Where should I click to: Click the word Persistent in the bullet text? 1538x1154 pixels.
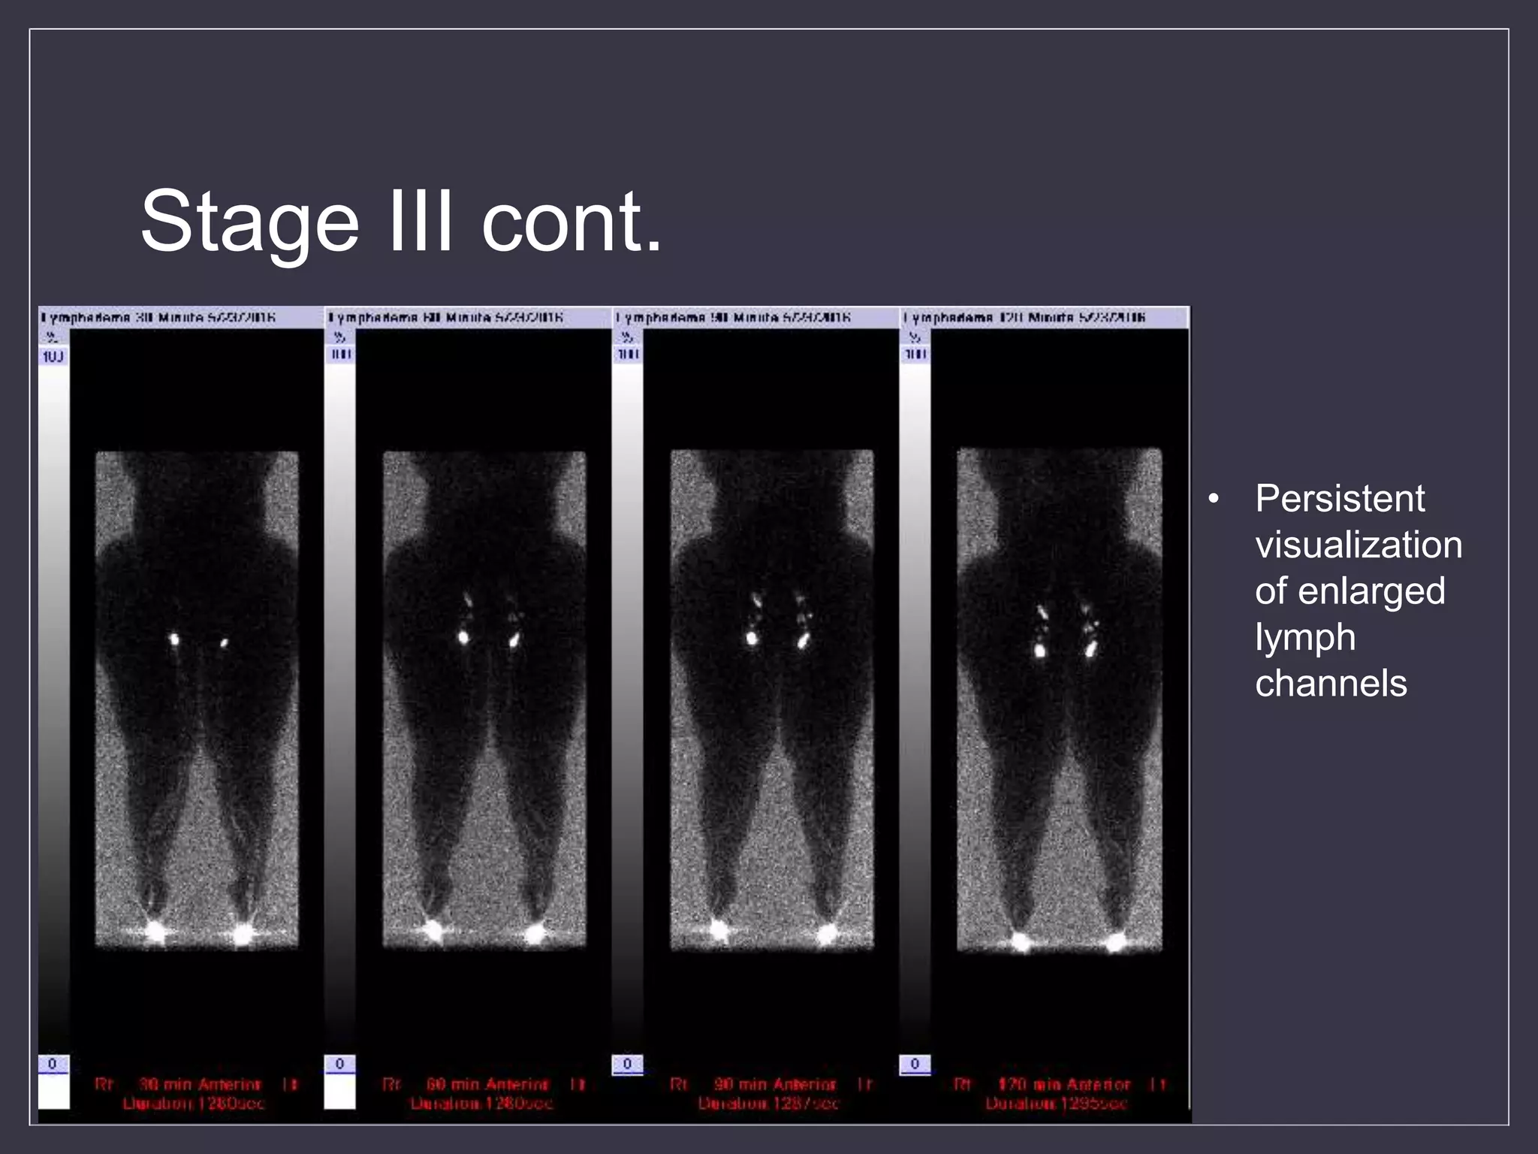point(1340,499)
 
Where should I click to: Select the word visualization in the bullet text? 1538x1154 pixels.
point(1358,545)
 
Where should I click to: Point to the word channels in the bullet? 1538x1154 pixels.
point(1331,684)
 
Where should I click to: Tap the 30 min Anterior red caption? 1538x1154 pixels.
point(200,1085)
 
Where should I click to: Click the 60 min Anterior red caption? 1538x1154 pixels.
point(487,1085)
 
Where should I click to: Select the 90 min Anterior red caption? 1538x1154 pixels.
point(774,1085)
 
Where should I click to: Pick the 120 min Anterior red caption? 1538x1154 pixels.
point(1063,1085)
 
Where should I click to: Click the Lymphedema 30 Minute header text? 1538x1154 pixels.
point(158,318)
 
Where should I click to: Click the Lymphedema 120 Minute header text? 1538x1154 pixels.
point(1024,318)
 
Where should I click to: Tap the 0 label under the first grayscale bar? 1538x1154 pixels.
point(52,1064)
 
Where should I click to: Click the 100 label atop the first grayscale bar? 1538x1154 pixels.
point(53,356)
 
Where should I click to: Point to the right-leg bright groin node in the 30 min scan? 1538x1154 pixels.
point(174,639)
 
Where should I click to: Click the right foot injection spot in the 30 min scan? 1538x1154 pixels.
point(155,932)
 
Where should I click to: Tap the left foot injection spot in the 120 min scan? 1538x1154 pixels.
point(1116,941)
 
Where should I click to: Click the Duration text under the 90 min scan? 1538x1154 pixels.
point(768,1104)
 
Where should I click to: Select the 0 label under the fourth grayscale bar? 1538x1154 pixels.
point(914,1064)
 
